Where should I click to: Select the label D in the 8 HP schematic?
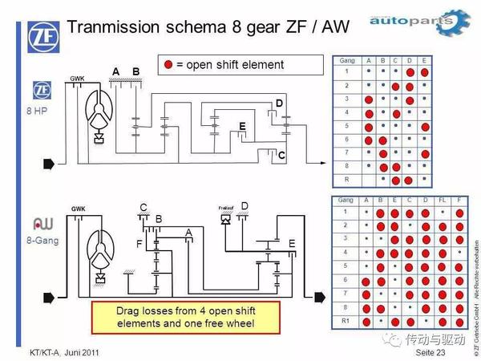pyautogui.click(x=279, y=103)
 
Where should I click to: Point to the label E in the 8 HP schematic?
pyautogui.click(x=242, y=127)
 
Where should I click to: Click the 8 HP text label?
pyautogui.click(x=41, y=111)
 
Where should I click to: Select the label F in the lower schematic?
pyautogui.click(x=139, y=243)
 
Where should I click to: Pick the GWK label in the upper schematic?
pyautogui.click(x=77, y=79)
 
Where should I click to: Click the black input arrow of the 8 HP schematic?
pyautogui.click(x=47, y=164)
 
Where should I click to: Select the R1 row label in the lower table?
pyautogui.click(x=346, y=320)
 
